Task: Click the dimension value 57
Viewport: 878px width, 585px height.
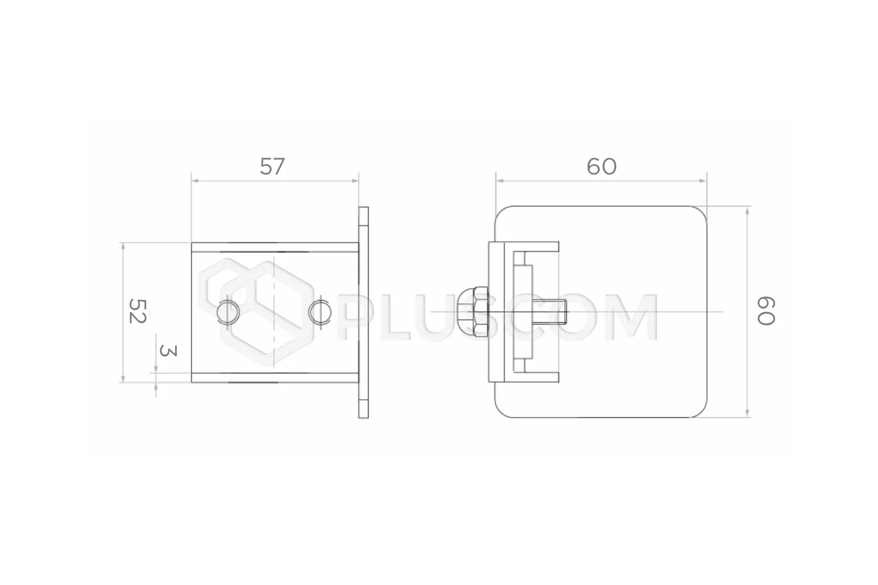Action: pyautogui.click(x=272, y=166)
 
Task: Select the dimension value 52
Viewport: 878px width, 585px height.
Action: pyautogui.click(x=138, y=311)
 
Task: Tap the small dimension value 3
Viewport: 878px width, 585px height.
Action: pyautogui.click(x=168, y=351)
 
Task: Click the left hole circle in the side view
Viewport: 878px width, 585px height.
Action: pyautogui.click(x=228, y=312)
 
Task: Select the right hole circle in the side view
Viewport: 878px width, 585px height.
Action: pyautogui.click(x=320, y=313)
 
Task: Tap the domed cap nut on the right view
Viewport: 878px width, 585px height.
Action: pyautogui.click(x=472, y=312)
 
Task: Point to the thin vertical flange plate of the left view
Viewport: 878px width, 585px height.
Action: pyautogui.click(x=363, y=313)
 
